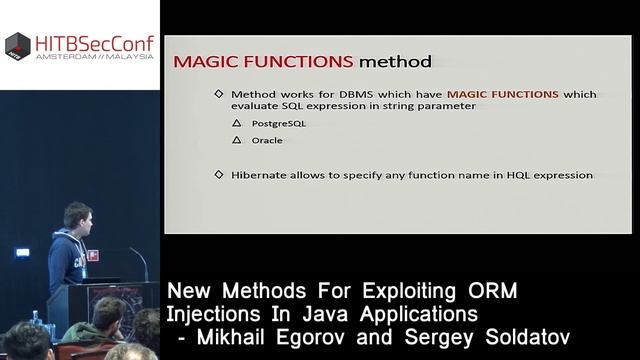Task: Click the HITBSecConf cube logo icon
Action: [17, 45]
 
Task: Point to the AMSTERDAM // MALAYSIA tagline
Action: [93, 58]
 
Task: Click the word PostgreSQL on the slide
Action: [277, 123]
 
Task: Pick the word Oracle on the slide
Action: [266, 141]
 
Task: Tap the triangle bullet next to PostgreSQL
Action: [237, 123]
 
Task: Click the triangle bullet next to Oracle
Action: [237, 141]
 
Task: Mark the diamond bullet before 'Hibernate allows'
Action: [220, 175]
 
